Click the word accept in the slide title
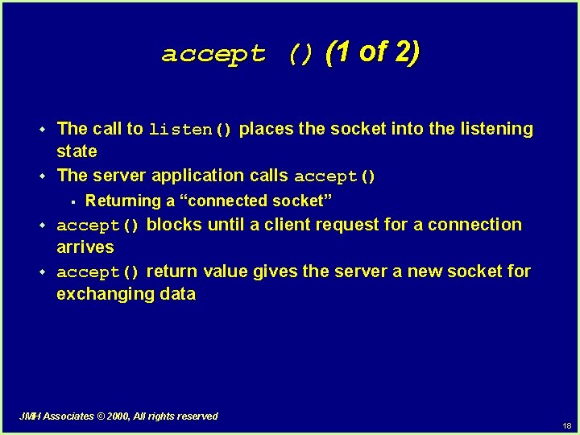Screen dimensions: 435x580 tap(213, 55)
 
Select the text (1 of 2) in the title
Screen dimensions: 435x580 tap(372, 52)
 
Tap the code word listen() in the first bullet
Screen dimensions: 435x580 tap(191, 130)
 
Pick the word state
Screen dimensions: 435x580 tap(77, 151)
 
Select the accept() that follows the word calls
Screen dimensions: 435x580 tap(335, 176)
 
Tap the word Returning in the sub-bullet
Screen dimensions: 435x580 tap(123, 201)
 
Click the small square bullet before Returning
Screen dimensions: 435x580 tap(72, 201)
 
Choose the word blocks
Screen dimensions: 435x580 tap(175, 225)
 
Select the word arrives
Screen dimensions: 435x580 tap(85, 247)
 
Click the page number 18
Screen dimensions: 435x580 tap(567, 425)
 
